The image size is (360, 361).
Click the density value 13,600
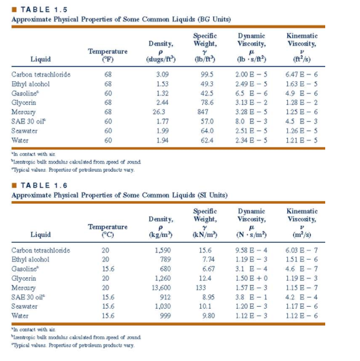(161, 288)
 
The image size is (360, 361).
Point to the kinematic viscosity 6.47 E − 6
(301, 74)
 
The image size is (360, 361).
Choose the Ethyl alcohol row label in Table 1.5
(31, 84)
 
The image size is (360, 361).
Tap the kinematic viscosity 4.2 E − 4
(301, 297)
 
